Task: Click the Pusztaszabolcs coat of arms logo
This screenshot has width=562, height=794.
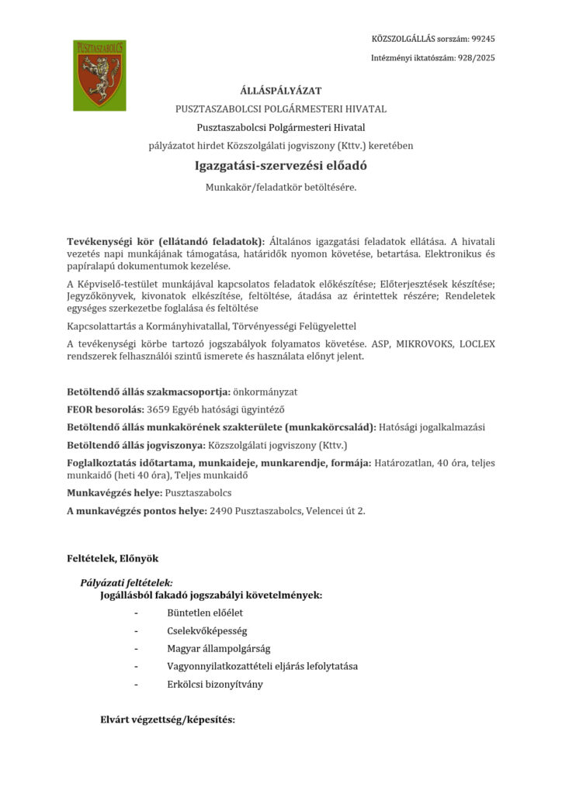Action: [99, 75]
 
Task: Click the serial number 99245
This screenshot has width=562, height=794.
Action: [483, 38]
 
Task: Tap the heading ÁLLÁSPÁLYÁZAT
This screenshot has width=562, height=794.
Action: [280, 91]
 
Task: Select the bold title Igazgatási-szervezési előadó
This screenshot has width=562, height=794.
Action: [280, 165]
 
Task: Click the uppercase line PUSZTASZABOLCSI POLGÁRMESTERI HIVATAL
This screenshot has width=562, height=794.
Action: [280, 109]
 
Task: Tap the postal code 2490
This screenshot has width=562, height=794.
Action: [221, 510]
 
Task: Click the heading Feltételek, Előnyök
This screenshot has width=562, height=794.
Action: [113, 558]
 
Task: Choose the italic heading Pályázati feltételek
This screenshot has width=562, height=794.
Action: [127, 582]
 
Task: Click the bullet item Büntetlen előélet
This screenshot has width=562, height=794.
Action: [199, 613]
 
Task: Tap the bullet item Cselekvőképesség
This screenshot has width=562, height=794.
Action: [201, 630]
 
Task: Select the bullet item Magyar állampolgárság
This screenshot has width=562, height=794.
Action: [218, 648]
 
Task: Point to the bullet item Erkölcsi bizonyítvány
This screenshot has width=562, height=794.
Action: [214, 684]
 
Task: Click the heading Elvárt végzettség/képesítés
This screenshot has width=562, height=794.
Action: [168, 720]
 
